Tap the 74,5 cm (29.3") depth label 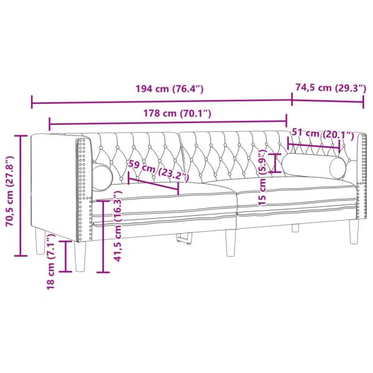tap(330, 88)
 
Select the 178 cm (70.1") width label tap(169, 113)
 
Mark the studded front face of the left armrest tap(83, 183)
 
